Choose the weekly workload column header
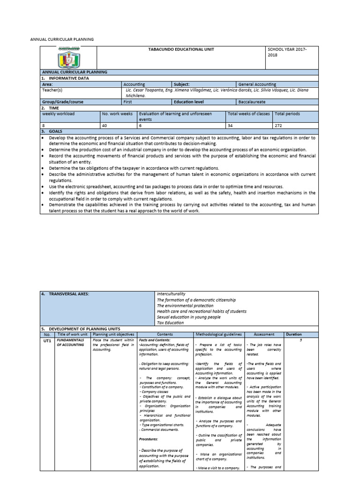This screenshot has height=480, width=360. tap(59, 113)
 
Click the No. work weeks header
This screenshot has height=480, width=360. tap(117, 113)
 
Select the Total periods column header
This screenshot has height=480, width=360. tap(288, 113)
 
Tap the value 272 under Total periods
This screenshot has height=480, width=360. tap(279, 126)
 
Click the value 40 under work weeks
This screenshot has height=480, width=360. tap(105, 126)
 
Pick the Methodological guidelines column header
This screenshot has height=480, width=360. tap(219, 334)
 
